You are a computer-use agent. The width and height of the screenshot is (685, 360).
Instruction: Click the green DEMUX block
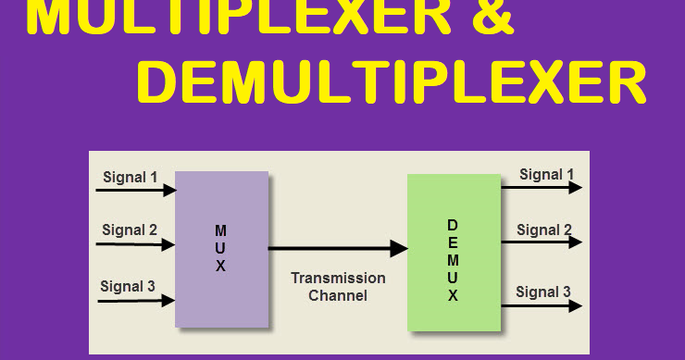(x=453, y=252)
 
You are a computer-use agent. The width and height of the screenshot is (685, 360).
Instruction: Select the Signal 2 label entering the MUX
(x=130, y=230)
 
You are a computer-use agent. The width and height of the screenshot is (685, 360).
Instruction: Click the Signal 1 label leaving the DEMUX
(x=546, y=174)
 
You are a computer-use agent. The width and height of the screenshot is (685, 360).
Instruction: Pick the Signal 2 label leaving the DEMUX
(x=544, y=230)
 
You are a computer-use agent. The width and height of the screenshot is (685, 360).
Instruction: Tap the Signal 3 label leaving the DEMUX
(x=543, y=292)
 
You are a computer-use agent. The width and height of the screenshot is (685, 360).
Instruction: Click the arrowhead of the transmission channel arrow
(x=399, y=248)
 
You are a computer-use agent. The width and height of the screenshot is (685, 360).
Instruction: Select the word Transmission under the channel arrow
(x=338, y=279)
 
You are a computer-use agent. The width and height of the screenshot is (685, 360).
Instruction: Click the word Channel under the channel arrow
(x=338, y=296)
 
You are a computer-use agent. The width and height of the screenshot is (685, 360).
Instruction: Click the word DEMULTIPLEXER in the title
(x=391, y=84)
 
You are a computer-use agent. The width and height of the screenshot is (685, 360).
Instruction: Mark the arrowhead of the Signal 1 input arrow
(x=169, y=191)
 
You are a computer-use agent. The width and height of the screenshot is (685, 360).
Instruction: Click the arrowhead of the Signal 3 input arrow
(x=168, y=300)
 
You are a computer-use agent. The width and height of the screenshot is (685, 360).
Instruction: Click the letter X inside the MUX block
(x=220, y=266)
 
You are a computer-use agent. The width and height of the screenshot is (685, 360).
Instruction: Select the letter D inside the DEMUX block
(x=453, y=225)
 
